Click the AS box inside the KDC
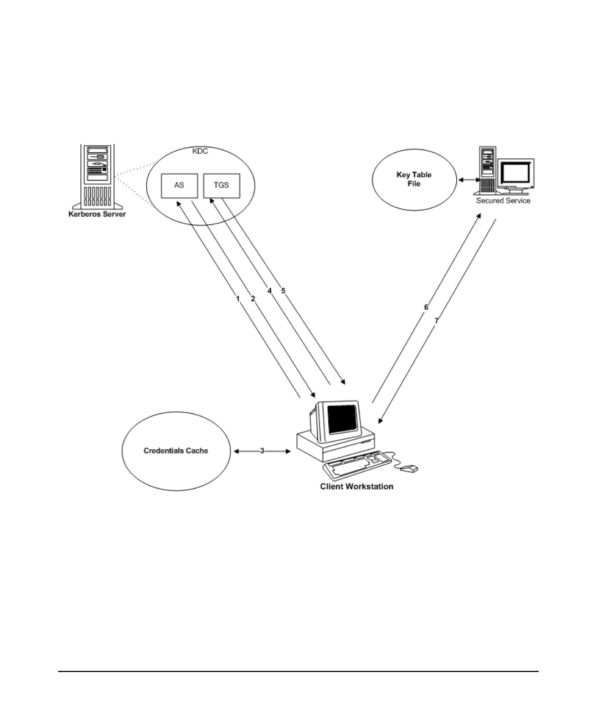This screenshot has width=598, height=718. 179,186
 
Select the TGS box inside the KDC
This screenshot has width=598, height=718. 221,186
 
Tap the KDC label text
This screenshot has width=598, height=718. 200,151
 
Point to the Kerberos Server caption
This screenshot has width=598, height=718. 97,214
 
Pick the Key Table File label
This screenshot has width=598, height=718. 414,179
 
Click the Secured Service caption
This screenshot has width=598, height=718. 503,201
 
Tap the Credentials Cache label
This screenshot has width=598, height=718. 176,451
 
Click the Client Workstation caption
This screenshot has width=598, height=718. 357,486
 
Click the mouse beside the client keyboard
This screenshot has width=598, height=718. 409,469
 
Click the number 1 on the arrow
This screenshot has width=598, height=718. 238,299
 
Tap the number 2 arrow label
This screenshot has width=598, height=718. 253,299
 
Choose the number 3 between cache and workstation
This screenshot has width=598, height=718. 262,451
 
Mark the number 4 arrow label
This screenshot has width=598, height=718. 270,291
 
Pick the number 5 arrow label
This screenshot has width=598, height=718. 283,291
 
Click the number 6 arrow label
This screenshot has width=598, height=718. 426,307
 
